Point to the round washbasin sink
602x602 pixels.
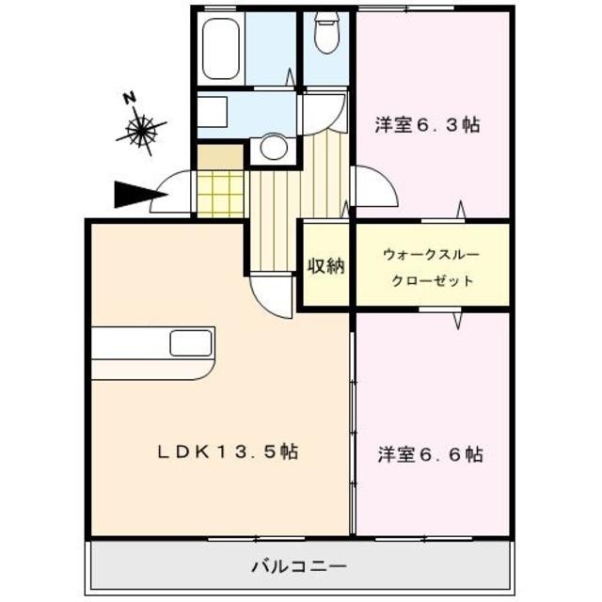point(274,147)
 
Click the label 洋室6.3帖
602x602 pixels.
point(427,124)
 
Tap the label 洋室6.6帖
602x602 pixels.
point(431,455)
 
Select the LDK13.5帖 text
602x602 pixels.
point(228,452)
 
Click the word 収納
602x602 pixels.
point(325,266)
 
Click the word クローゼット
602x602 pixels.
point(432,281)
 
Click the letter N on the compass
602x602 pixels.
point(130,97)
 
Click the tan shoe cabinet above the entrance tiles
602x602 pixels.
point(221,155)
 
